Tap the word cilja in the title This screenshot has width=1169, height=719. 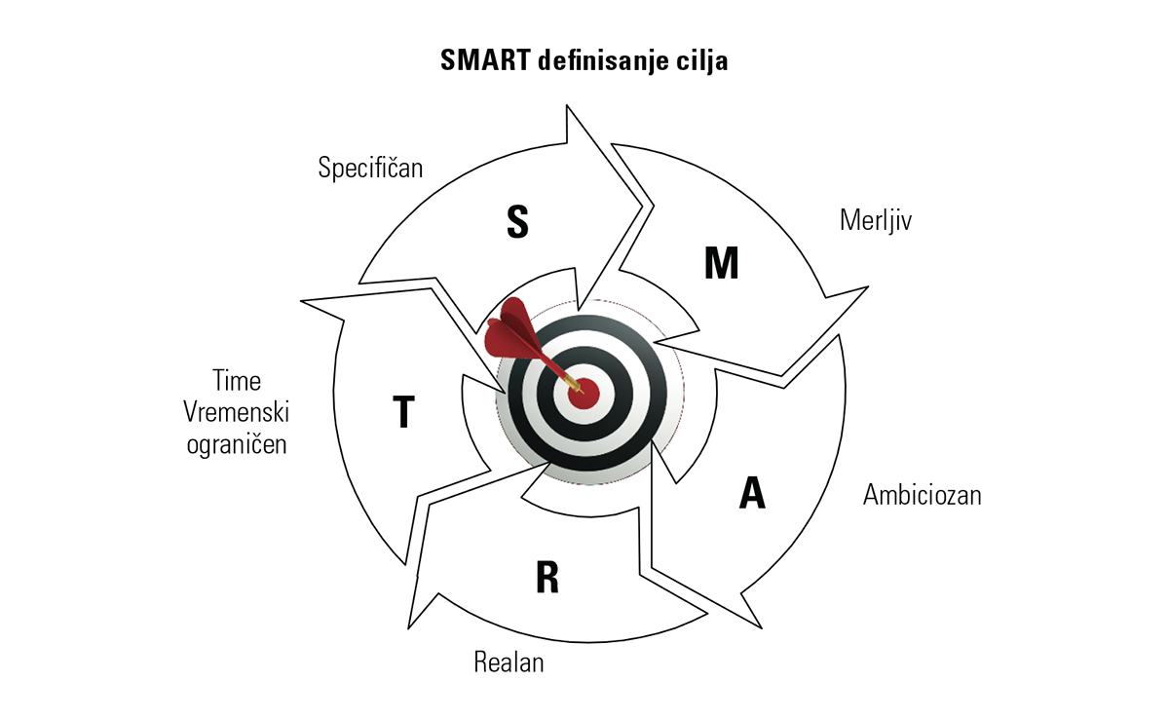pyautogui.click(x=701, y=60)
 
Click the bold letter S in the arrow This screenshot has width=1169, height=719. pyautogui.click(x=517, y=222)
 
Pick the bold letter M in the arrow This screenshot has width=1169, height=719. pyautogui.click(x=721, y=263)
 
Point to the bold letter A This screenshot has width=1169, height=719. pyautogui.click(x=752, y=494)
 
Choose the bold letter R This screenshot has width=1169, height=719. pyautogui.click(x=547, y=578)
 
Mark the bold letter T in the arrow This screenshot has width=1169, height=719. pyautogui.click(x=403, y=413)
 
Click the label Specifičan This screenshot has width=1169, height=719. pyautogui.click(x=370, y=168)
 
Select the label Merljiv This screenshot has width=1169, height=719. pyautogui.click(x=875, y=220)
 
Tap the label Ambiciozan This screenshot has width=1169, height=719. pyautogui.click(x=922, y=495)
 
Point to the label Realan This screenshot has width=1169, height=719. pyautogui.click(x=509, y=663)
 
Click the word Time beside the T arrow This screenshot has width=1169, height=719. pyautogui.click(x=237, y=380)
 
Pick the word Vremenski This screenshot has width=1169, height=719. pyautogui.click(x=237, y=412)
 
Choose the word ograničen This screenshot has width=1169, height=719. pyautogui.click(x=237, y=445)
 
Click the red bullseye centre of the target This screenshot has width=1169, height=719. pyautogui.click(x=584, y=393)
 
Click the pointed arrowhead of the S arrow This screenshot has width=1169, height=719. pyautogui.click(x=640, y=205)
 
